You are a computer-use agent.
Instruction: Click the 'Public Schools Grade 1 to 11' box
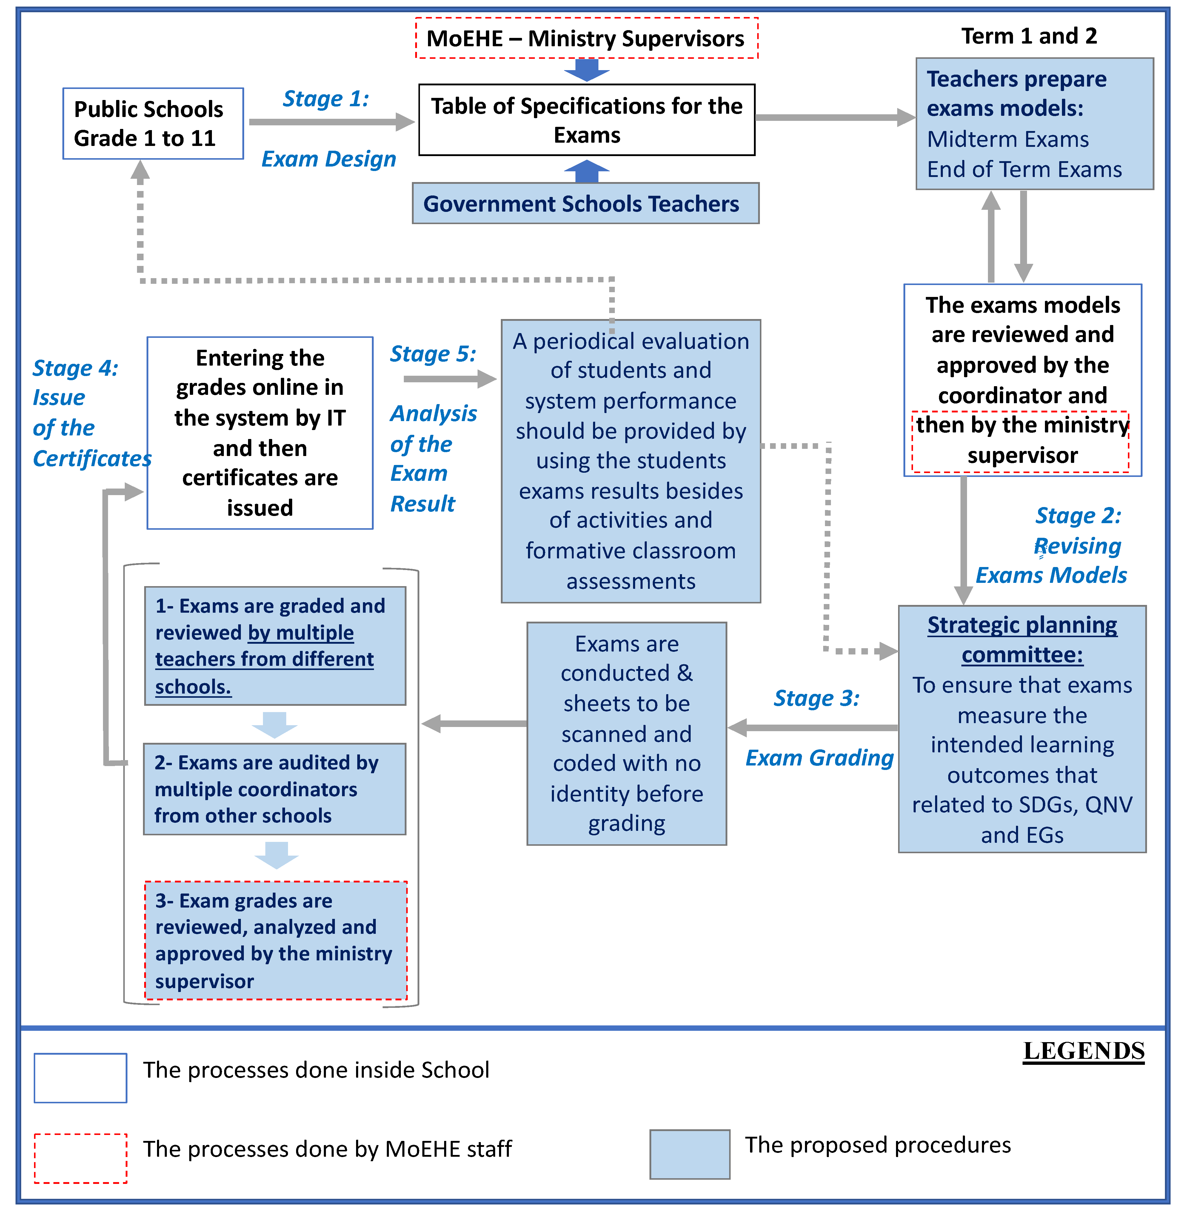point(153,124)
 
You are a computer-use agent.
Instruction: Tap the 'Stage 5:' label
point(433,354)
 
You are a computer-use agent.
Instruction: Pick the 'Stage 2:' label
point(1078,516)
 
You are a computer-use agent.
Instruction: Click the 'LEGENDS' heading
point(1083,1051)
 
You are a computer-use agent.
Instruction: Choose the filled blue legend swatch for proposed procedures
point(689,1154)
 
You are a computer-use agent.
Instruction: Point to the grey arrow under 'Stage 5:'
point(449,378)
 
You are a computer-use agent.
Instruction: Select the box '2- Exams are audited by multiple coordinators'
point(274,788)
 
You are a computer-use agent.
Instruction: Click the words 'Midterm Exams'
point(1007,139)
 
